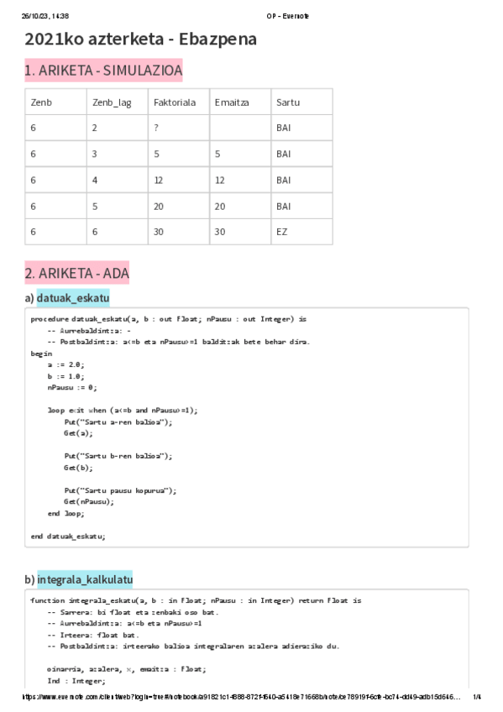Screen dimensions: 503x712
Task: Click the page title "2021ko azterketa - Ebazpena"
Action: tap(140, 39)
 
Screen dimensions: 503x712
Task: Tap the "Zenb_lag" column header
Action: tap(111, 102)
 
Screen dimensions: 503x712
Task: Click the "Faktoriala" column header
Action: tap(175, 102)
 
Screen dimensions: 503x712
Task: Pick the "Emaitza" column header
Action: tap(232, 102)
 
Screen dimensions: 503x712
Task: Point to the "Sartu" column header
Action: tap(287, 102)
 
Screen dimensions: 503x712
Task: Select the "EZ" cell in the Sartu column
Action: tap(281, 232)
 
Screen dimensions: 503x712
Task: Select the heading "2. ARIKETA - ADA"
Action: tap(77, 274)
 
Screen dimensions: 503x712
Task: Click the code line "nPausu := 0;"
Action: tap(71, 388)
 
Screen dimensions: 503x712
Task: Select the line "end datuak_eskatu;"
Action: tap(68, 536)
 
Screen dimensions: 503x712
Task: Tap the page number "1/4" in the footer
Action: tap(477, 697)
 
